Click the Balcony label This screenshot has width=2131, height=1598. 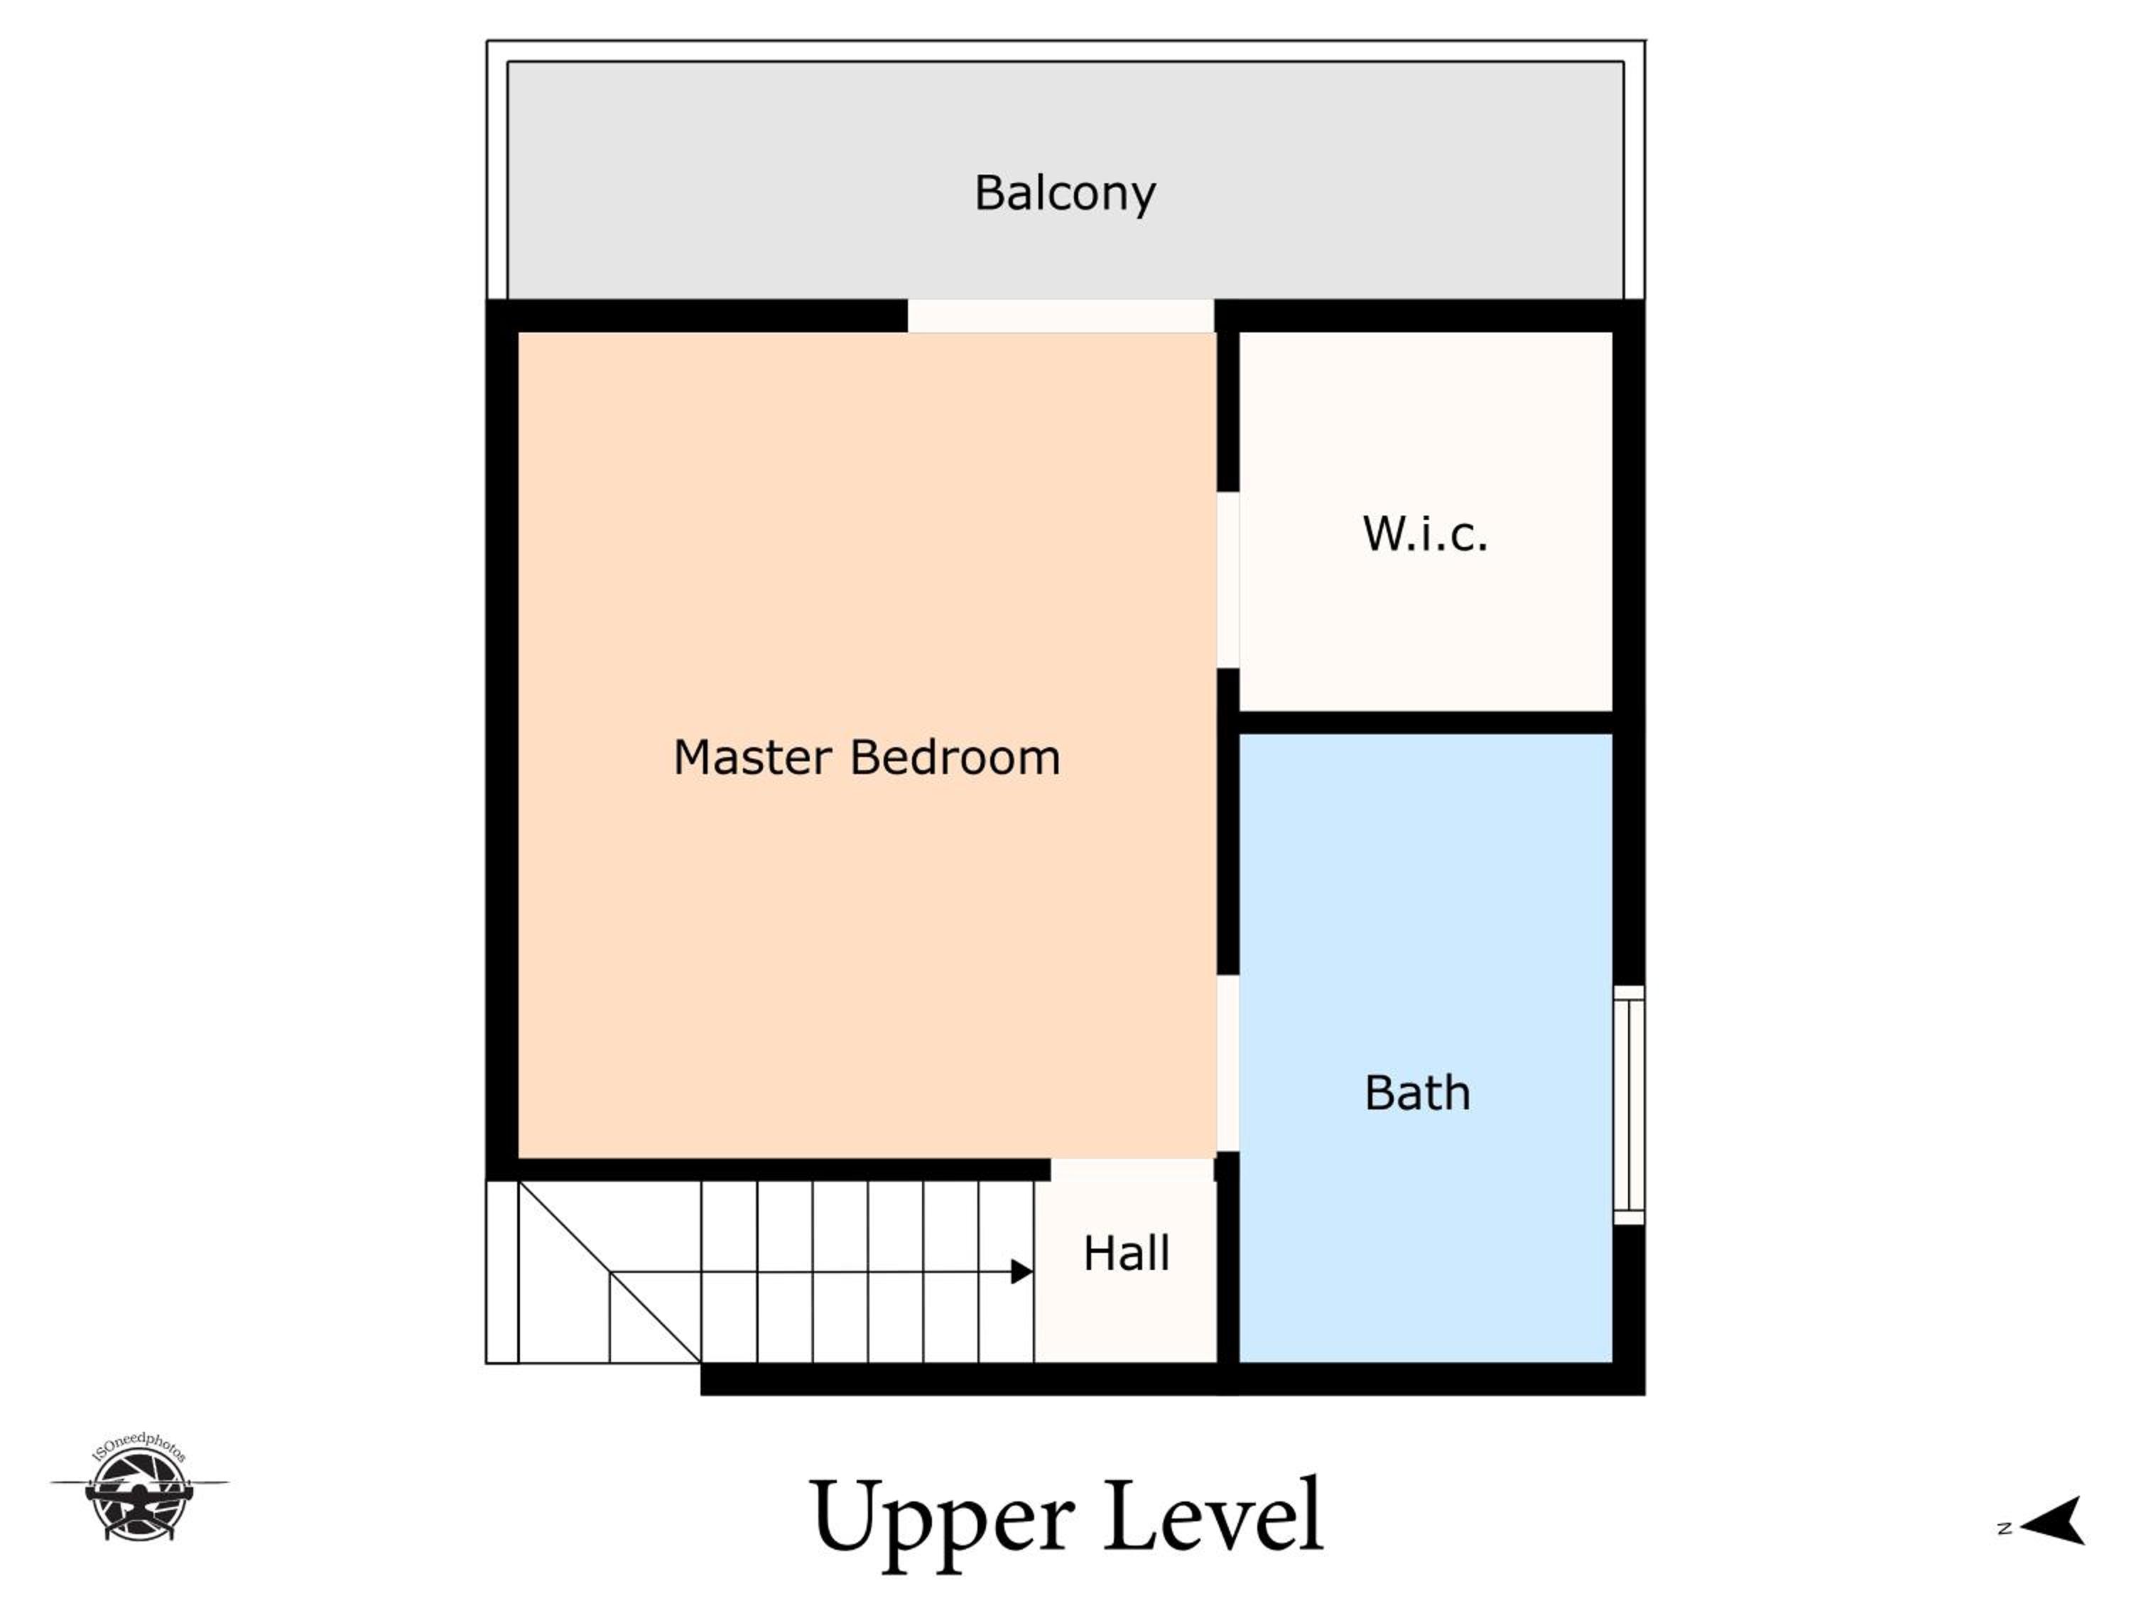[x=1065, y=194]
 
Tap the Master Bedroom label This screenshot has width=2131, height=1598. [x=867, y=757]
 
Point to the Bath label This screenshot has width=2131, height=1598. [x=1417, y=1093]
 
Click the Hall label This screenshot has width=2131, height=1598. [x=1126, y=1253]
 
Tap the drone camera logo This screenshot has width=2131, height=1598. [x=140, y=1487]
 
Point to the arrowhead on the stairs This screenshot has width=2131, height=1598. [x=1022, y=1271]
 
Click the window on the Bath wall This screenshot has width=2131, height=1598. [x=1629, y=1105]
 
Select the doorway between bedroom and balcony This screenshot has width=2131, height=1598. [x=1061, y=316]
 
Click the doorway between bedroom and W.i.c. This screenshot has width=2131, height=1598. [x=1228, y=580]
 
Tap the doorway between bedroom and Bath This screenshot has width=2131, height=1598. [x=1228, y=1063]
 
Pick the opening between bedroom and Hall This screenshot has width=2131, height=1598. [x=1132, y=1169]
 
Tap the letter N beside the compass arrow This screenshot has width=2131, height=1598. [x=2005, y=1528]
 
